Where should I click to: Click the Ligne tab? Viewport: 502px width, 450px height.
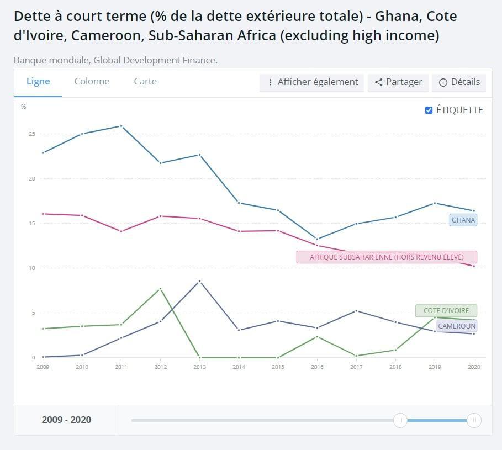click(x=38, y=82)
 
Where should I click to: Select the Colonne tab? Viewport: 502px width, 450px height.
click(x=92, y=82)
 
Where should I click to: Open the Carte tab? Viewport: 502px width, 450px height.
click(x=145, y=82)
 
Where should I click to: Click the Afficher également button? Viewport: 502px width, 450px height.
click(x=312, y=82)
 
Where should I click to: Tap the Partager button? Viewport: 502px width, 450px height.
click(x=398, y=82)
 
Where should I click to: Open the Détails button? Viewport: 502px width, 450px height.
click(x=459, y=82)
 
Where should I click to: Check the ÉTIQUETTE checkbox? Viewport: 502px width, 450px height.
click(x=429, y=110)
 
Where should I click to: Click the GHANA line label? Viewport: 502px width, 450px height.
click(x=463, y=220)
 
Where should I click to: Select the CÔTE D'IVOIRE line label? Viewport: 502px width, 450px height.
click(x=446, y=310)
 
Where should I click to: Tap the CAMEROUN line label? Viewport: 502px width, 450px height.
click(x=456, y=326)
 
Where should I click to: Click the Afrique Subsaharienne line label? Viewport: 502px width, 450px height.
click(x=387, y=257)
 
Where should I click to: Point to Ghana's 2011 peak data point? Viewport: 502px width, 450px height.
click(x=121, y=126)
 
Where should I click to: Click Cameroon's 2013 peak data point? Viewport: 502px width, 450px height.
click(x=199, y=281)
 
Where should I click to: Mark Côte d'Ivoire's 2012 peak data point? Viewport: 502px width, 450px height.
click(x=160, y=289)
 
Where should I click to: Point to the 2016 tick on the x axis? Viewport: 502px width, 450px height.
click(x=316, y=366)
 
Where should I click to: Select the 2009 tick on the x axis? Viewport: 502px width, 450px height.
click(x=43, y=366)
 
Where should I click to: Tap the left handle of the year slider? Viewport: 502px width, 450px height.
click(x=400, y=420)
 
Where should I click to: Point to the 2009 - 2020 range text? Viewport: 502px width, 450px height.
click(x=66, y=420)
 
